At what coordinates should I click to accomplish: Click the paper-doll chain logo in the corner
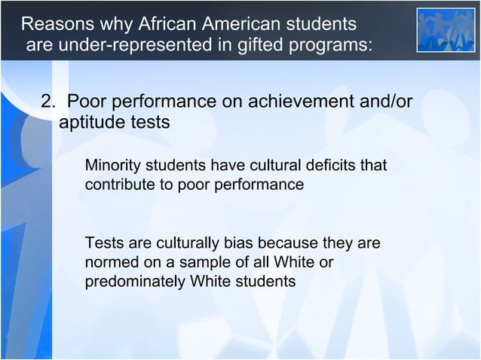(x=446, y=30)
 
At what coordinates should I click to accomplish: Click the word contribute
(x=119, y=185)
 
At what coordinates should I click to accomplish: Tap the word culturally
(x=184, y=244)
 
